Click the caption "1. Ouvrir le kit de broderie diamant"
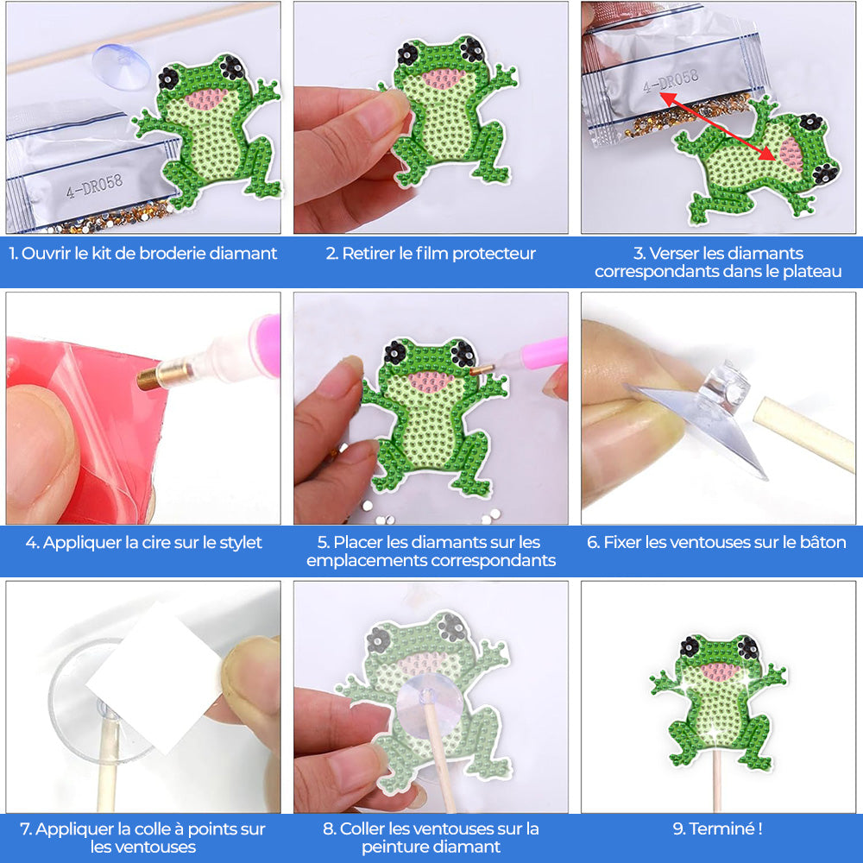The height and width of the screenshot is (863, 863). click(x=143, y=254)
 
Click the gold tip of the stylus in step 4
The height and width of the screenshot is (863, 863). click(x=153, y=377)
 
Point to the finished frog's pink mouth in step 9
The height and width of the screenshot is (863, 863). click(x=718, y=671)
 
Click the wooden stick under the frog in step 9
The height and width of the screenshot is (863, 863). click(x=718, y=790)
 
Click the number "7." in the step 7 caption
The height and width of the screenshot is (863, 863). click(x=26, y=829)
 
